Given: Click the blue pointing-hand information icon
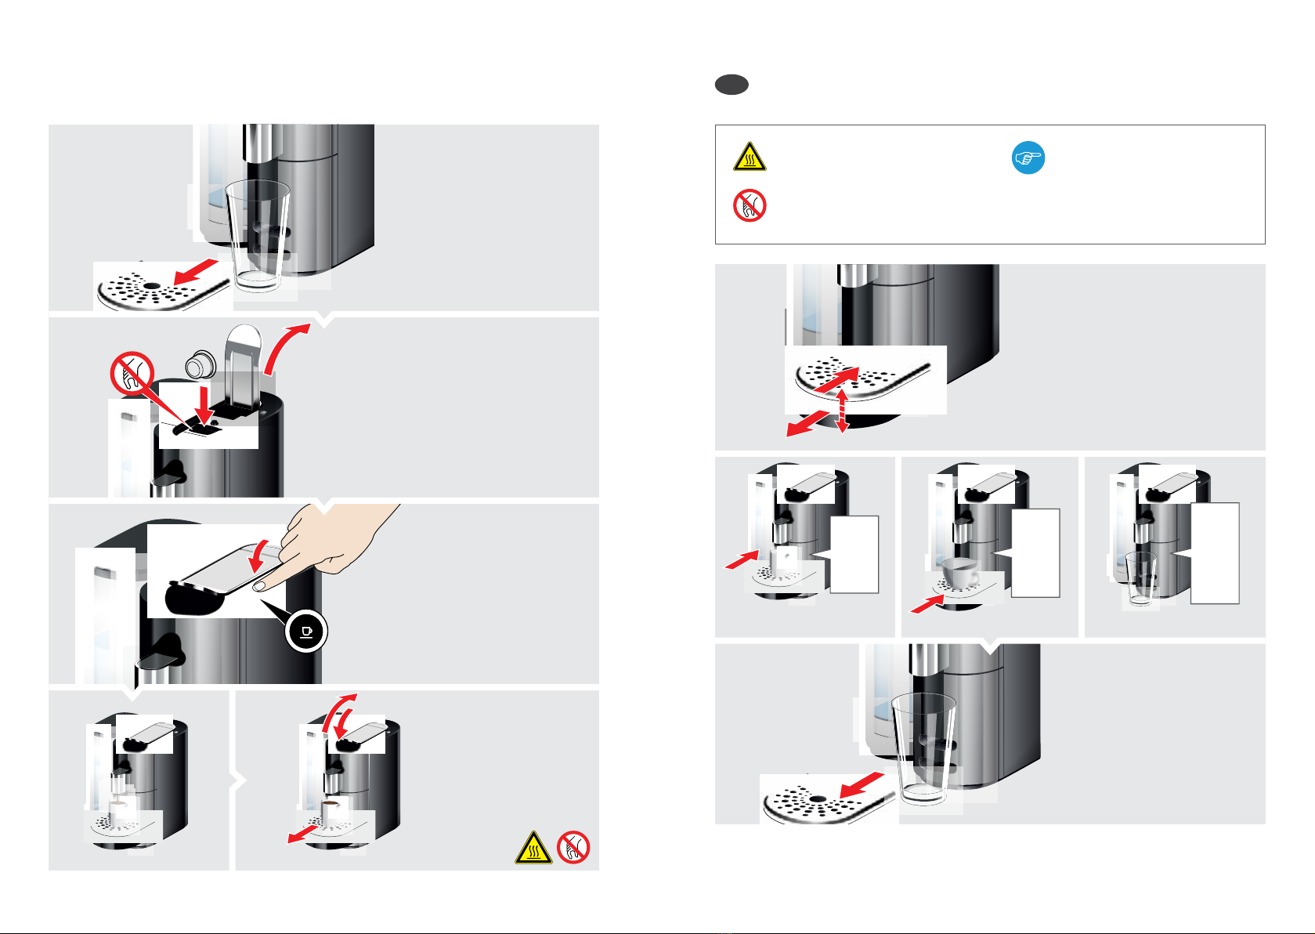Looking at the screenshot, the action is pos(1028,157).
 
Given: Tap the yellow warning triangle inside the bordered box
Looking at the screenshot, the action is pos(750,157).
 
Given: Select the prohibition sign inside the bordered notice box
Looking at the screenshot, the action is pos(750,205).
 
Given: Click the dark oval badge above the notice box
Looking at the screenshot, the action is pos(732,85).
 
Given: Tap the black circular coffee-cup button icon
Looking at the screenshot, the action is pos(306,631).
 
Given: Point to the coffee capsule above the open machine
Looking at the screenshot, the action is pos(201,364).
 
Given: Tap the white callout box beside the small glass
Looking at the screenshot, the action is pos(1215,553).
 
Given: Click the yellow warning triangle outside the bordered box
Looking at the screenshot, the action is pos(533,848).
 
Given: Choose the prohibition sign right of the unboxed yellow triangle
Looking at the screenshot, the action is pos(573,847).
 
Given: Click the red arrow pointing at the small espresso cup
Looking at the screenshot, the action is pos(741,559).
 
